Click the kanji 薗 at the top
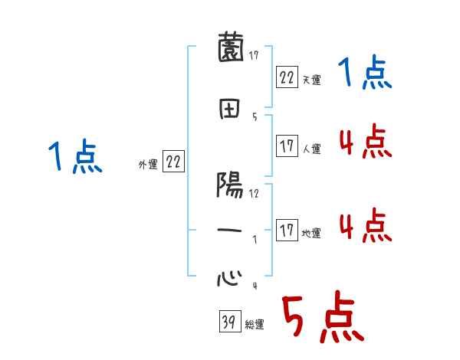pos(229,50)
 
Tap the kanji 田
pos(229,110)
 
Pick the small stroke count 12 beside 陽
pos(254,193)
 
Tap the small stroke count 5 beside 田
pos(254,116)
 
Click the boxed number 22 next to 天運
pos(287,77)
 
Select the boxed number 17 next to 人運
pos(287,146)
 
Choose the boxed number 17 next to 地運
pos(287,231)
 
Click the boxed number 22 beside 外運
pos(173,162)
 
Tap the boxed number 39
pos(228,322)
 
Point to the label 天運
pos(311,80)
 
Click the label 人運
pos(311,149)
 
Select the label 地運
pos(311,234)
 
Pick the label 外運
pos(148,165)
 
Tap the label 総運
pos(255,325)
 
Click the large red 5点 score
pos(322,319)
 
